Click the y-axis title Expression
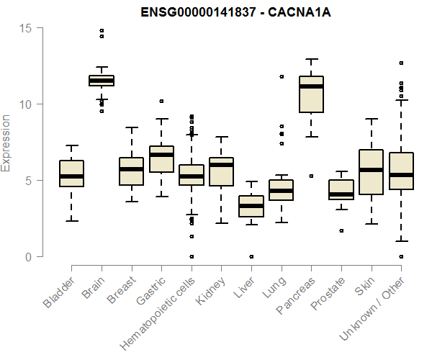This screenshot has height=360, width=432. pyautogui.click(x=6, y=143)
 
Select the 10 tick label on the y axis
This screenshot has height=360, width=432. pyautogui.click(x=27, y=104)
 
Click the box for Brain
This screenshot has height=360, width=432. pyautogui.click(x=102, y=81)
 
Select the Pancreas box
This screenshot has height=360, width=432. pyautogui.click(x=311, y=94)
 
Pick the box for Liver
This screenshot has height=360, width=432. pyautogui.click(x=251, y=206)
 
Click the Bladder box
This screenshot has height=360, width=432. pyautogui.click(x=71, y=174)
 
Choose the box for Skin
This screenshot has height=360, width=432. pyautogui.click(x=371, y=172)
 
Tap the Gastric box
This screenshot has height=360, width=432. pyautogui.click(x=161, y=159)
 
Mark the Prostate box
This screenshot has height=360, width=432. pyautogui.click(x=341, y=189)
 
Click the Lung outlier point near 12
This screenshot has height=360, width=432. pyautogui.click(x=282, y=76)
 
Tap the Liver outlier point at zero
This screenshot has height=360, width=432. pyautogui.click(x=251, y=256)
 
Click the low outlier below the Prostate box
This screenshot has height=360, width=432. pyautogui.click(x=341, y=230)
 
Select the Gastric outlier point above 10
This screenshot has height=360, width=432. pyautogui.click(x=161, y=101)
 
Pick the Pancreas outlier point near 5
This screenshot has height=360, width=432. pyautogui.click(x=311, y=176)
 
